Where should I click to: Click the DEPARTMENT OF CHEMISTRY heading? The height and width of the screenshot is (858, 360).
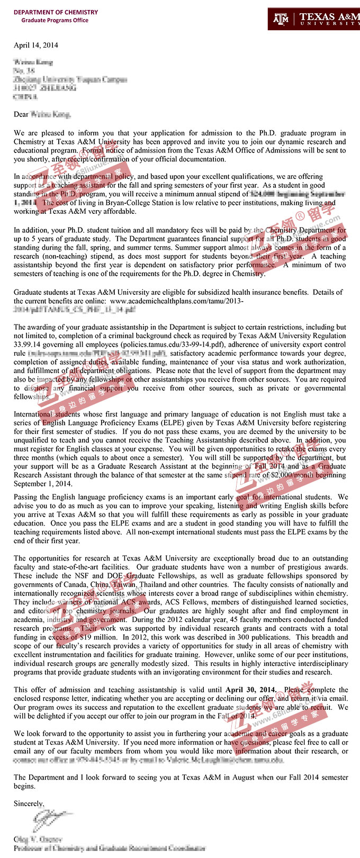click(x=56, y=12)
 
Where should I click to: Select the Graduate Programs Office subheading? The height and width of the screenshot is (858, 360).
click(x=55, y=20)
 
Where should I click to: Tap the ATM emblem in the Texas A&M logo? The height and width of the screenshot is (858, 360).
click(x=281, y=19)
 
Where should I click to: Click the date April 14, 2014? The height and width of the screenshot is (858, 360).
click(x=36, y=45)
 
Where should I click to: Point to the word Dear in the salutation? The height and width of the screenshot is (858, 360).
click(x=21, y=114)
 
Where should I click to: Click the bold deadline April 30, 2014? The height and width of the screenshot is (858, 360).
click(x=251, y=690)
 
